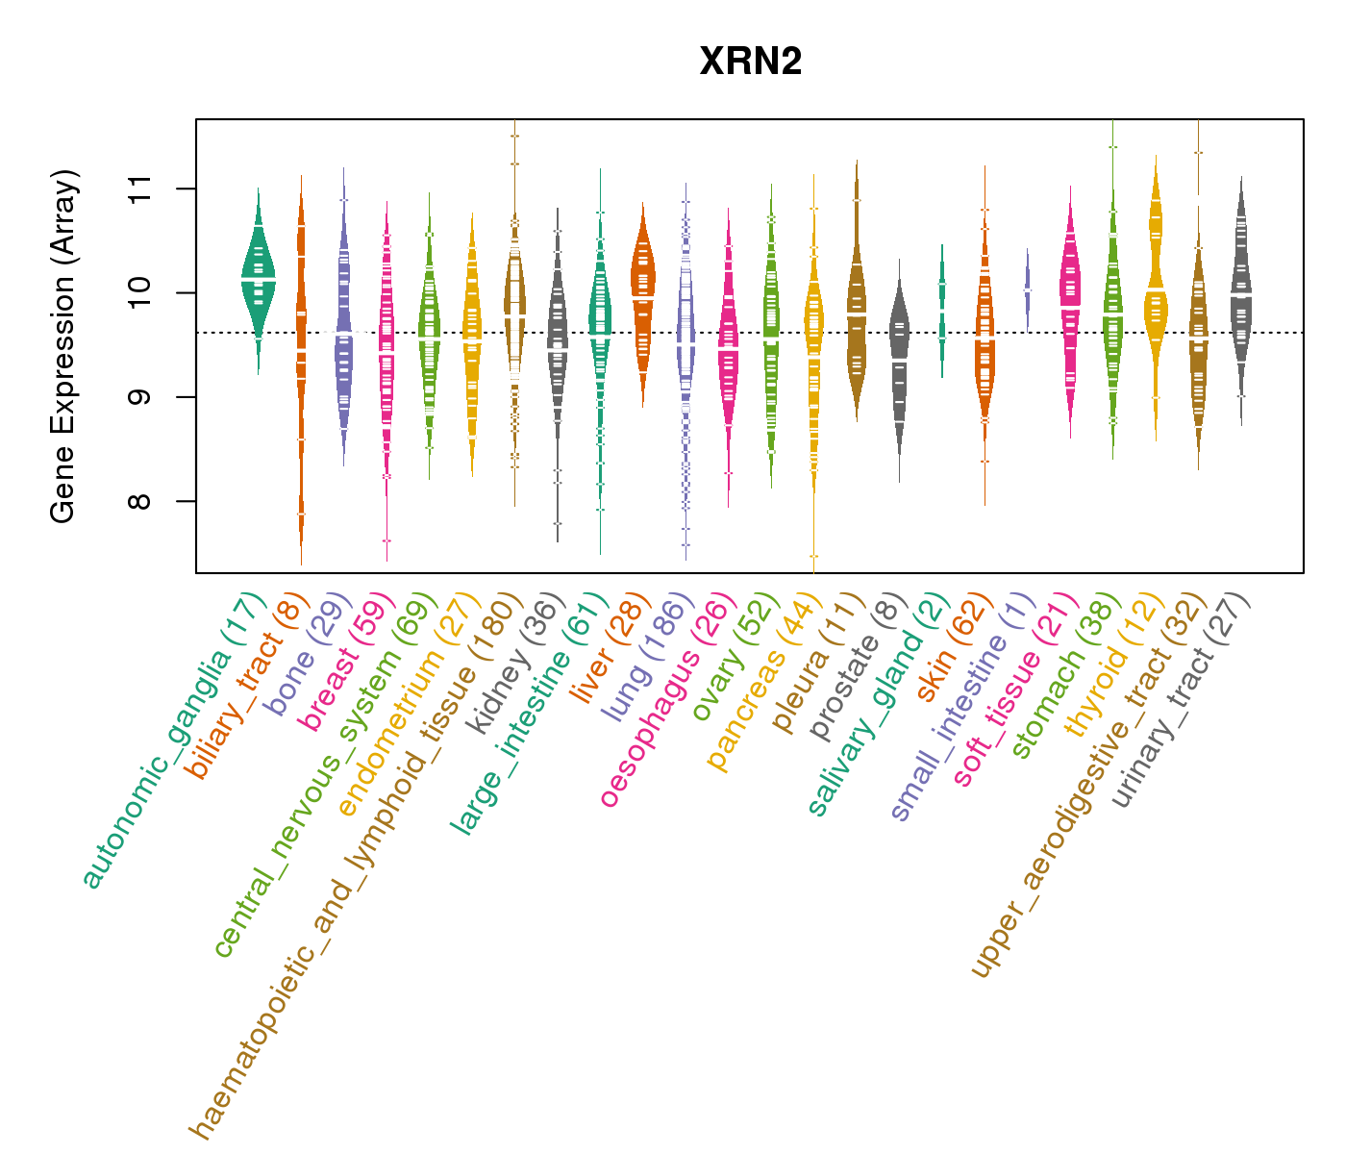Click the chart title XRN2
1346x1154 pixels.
pyautogui.click(x=750, y=63)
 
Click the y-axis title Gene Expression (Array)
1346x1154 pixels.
pyautogui.click(x=63, y=346)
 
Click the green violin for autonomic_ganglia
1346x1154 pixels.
pyautogui.click(x=258, y=274)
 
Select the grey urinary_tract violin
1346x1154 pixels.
pyautogui.click(x=1240, y=288)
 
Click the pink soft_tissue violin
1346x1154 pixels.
pyautogui.click(x=1070, y=298)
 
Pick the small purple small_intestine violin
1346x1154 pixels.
pyautogui.click(x=1027, y=288)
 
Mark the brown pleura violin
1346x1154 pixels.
pyautogui.click(x=856, y=308)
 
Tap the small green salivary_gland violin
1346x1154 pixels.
pyautogui.click(x=942, y=308)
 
